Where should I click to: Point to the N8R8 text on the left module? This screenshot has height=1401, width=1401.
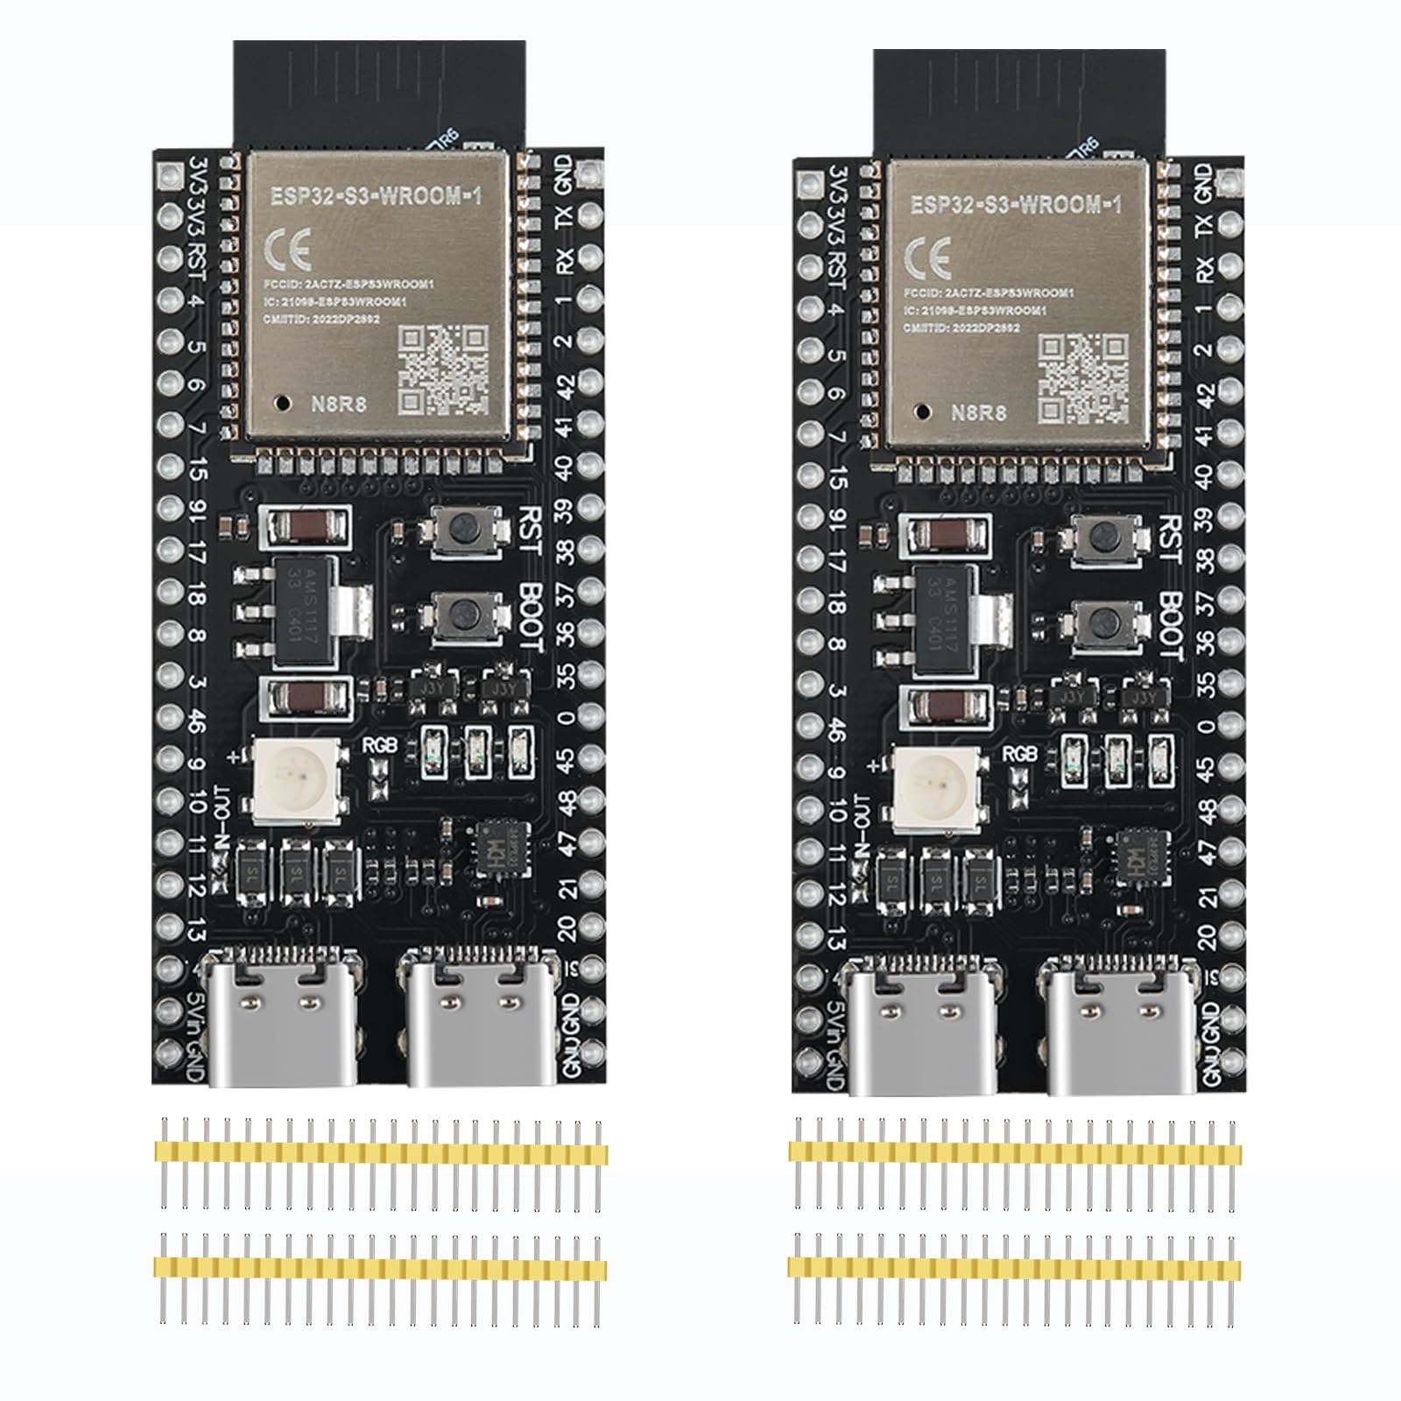tap(340, 404)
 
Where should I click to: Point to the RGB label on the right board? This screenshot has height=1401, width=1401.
tap(1019, 753)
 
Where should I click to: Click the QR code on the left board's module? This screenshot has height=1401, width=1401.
tap(443, 370)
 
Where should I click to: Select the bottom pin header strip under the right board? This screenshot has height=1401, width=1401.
tap(1014, 1267)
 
